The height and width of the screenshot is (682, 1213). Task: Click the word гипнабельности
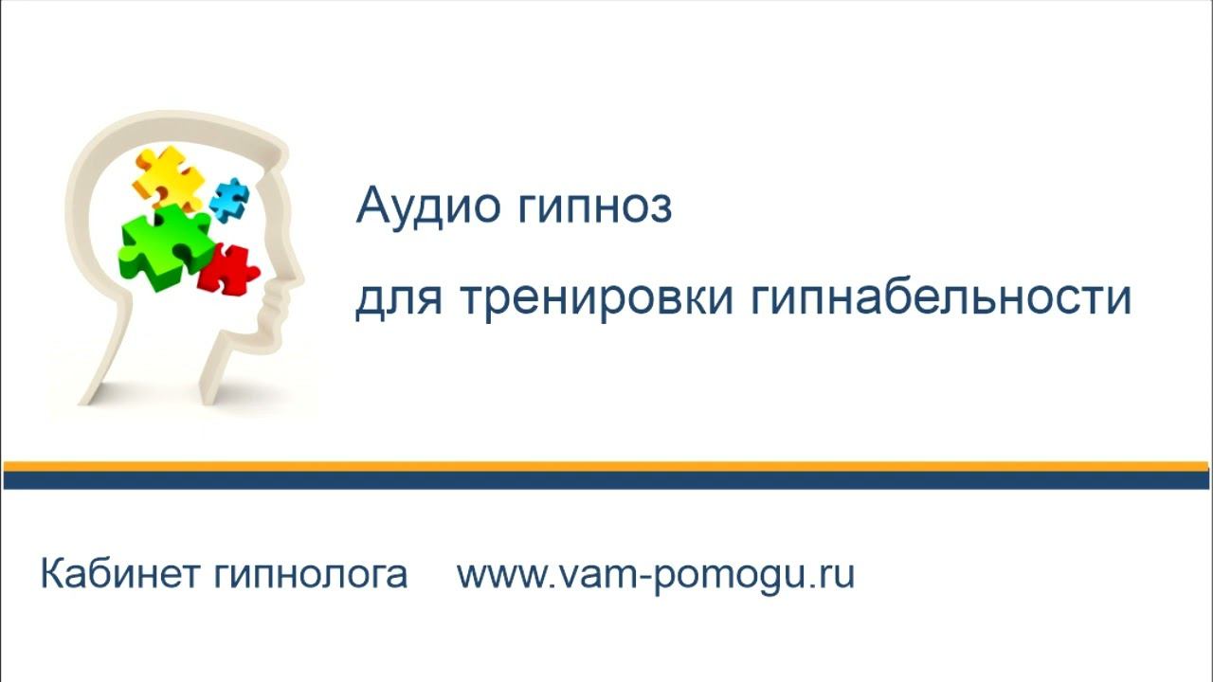tap(941, 299)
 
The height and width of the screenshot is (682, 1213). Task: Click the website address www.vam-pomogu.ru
tap(656, 575)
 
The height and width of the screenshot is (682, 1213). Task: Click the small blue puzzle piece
tap(228, 198)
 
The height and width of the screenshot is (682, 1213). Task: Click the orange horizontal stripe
tap(606, 466)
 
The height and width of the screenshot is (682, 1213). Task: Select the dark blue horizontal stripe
tap(606, 480)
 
